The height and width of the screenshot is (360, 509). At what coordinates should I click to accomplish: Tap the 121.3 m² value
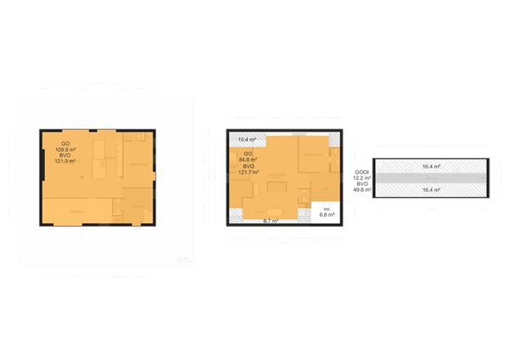tap(65, 160)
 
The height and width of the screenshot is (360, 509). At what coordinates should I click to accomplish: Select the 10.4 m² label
tap(248, 139)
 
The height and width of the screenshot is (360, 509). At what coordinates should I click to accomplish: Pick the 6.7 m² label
tap(271, 221)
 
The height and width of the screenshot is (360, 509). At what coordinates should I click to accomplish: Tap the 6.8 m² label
tap(327, 216)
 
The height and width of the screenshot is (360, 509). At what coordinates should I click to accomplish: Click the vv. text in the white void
tap(326, 209)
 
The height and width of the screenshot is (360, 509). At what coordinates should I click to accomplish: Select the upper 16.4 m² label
tap(430, 166)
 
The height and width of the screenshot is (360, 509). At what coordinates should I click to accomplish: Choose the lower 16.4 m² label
tap(430, 190)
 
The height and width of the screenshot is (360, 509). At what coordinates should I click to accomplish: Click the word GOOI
tap(361, 172)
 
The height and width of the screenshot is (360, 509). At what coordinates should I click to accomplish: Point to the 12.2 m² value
tap(362, 178)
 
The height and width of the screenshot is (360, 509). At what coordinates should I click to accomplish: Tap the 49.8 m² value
tap(362, 190)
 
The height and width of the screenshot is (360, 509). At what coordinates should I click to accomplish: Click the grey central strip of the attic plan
tap(430, 178)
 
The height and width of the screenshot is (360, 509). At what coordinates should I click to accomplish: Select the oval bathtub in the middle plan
tap(275, 211)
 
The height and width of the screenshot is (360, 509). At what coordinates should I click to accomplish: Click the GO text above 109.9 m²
tap(65, 143)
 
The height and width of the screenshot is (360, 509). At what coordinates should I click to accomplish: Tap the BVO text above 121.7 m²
tap(249, 166)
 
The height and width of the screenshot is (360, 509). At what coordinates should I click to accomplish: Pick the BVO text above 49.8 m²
tap(362, 184)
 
